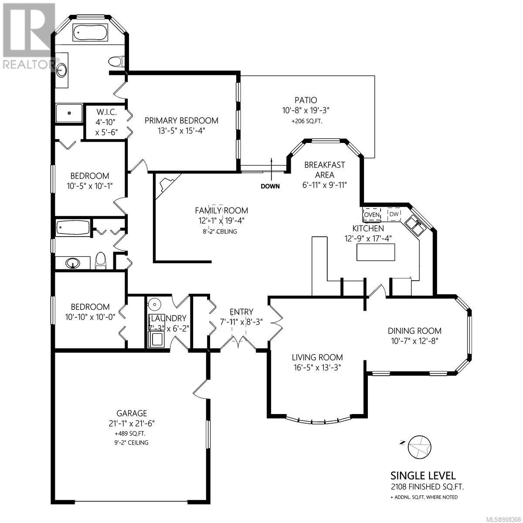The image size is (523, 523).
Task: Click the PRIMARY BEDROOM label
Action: tap(181, 120)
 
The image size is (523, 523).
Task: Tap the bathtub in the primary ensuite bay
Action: tap(90, 32)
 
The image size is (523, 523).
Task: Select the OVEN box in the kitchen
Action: tap(372, 214)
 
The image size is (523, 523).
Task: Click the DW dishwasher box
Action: tap(394, 214)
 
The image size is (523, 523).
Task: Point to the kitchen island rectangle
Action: tap(376, 252)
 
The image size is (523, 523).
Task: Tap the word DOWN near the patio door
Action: tap(270, 186)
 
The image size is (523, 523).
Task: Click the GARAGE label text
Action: tap(132, 413)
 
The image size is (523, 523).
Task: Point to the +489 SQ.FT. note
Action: tap(132, 433)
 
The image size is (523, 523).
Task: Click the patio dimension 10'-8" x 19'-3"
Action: tap(306, 110)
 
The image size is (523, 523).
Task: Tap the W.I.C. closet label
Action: tap(106, 112)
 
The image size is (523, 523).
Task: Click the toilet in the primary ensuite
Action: tap(116, 61)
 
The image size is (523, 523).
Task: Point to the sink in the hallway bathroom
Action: tap(73, 262)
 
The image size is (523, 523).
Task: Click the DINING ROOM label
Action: tap(414, 330)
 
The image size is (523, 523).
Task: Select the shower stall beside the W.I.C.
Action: tap(69, 113)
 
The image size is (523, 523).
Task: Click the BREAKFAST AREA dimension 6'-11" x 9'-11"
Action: tap(325, 185)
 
